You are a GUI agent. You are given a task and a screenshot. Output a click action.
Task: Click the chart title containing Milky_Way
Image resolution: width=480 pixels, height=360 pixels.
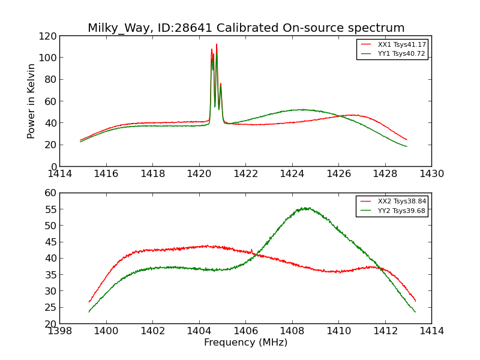coord(246,28)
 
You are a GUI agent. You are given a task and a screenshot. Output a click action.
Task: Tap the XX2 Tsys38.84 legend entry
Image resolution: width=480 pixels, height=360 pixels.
coord(401,202)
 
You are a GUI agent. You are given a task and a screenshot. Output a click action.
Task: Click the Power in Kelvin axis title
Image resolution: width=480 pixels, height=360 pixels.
coord(31,101)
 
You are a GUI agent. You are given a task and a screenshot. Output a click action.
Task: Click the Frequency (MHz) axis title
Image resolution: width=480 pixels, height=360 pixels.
coord(245,343)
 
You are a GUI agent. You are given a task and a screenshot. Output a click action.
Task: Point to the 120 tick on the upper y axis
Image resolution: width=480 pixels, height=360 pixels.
coord(48,36)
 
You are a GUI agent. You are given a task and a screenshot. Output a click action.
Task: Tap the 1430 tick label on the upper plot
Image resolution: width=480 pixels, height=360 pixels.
coord(431,174)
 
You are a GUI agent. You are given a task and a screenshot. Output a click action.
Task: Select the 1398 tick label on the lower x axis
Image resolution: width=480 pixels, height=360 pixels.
coord(59,331)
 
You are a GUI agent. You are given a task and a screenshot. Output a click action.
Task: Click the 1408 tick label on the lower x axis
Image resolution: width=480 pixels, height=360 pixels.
coord(292,331)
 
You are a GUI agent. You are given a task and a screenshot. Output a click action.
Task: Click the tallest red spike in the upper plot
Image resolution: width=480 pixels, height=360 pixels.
coord(217,44)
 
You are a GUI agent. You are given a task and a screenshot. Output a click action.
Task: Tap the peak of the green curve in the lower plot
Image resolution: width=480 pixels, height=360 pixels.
coord(306,208)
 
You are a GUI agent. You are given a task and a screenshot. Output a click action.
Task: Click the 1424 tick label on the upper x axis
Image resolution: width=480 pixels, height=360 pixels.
coord(292,174)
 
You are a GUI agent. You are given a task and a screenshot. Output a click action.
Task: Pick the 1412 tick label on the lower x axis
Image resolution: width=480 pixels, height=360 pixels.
coord(385,331)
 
